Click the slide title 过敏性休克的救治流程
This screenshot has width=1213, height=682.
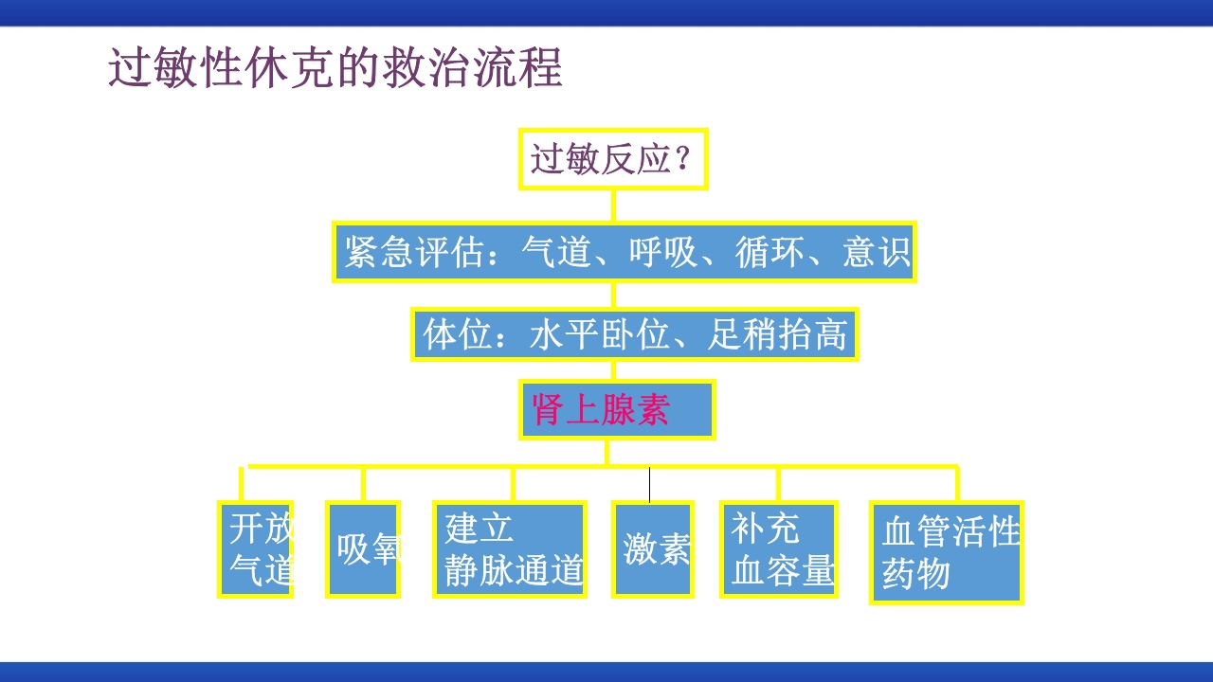pyautogui.click(x=335, y=68)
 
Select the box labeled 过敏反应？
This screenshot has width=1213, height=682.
pyautogui.click(x=613, y=159)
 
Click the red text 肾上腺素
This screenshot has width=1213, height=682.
pyautogui.click(x=602, y=409)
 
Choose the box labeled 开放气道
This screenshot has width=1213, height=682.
pyautogui.click(x=256, y=549)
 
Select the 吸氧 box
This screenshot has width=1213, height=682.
pyautogui.click(x=363, y=549)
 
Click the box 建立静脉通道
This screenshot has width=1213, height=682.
pyautogui.click(x=510, y=549)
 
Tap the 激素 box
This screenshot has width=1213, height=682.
pyautogui.click(x=653, y=549)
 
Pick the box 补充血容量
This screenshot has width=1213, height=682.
pyautogui.click(x=779, y=549)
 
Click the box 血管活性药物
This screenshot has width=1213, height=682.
pyautogui.click(x=947, y=552)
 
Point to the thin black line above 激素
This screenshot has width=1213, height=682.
pyautogui.click(x=649, y=484)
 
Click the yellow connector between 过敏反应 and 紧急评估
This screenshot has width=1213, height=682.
pyautogui.click(x=613, y=206)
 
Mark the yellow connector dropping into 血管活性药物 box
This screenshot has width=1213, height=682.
pyautogui.click(x=956, y=483)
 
